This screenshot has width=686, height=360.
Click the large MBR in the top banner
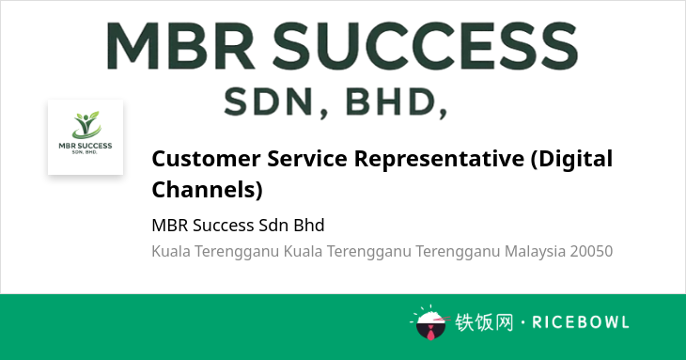[x=180, y=45]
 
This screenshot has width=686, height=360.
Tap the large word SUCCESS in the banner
[x=426, y=45]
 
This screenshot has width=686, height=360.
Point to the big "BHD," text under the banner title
[x=397, y=102]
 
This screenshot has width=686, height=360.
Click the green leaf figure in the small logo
[x=86, y=125]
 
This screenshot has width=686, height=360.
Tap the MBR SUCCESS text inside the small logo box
[x=86, y=146]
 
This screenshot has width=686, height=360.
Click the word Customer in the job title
[x=206, y=158]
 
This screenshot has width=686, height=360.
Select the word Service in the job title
[x=307, y=158]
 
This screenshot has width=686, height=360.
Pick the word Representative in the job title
[x=439, y=159]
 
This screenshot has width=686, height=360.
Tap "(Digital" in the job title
[x=571, y=159]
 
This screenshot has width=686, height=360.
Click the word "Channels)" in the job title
[x=207, y=190]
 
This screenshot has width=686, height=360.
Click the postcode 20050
[x=591, y=252]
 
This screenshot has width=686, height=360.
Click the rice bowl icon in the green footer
[x=430, y=322]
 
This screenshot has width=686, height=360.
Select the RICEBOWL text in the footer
[x=581, y=322]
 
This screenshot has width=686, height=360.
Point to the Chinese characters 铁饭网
[x=483, y=322]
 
